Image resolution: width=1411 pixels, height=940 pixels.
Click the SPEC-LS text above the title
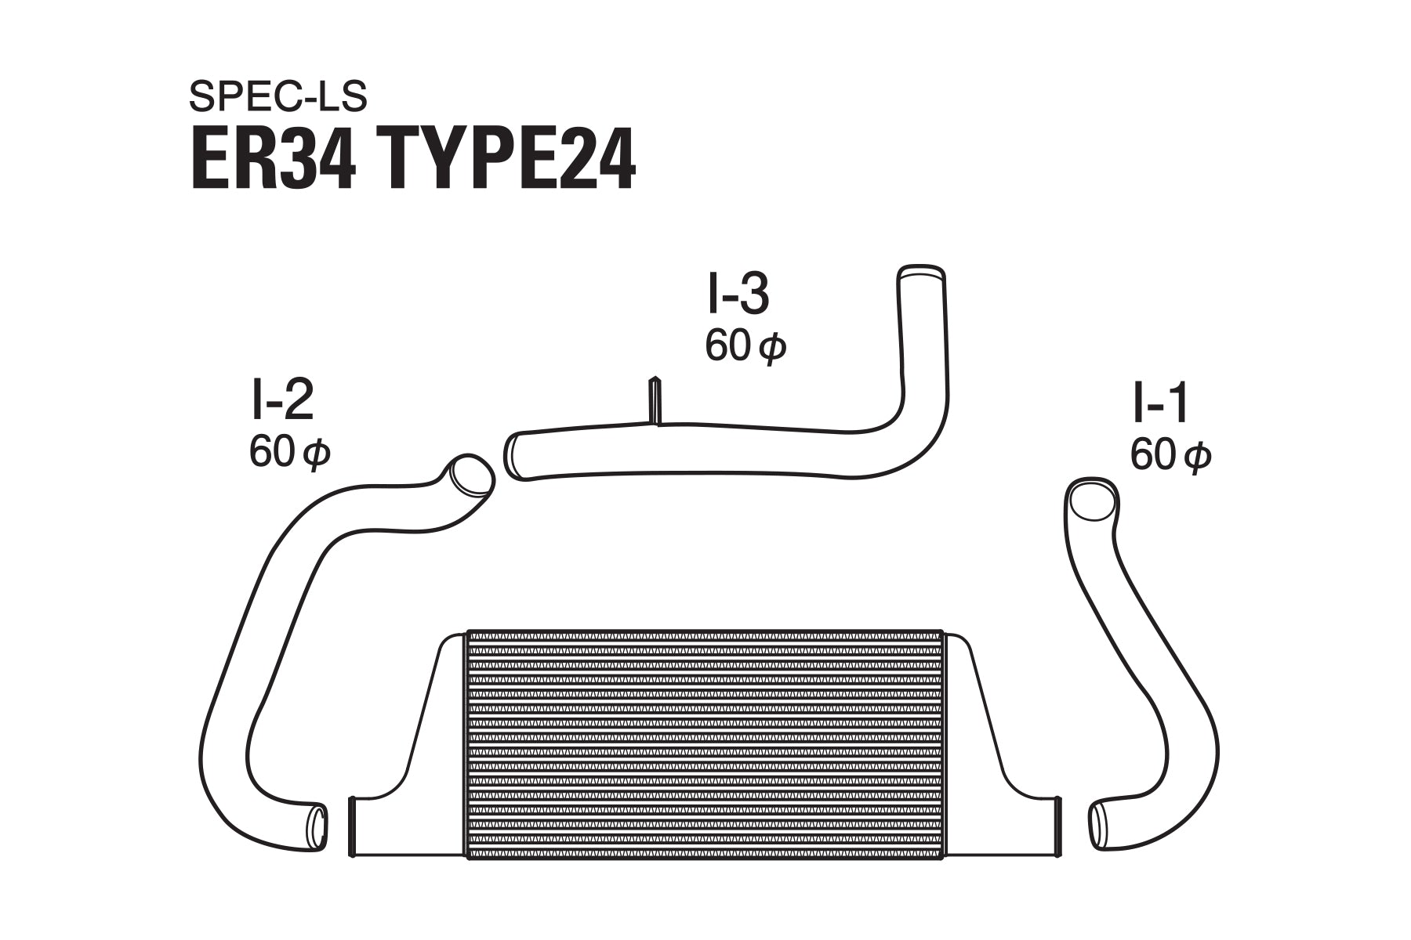(x=277, y=96)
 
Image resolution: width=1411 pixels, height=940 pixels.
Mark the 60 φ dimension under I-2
(x=289, y=452)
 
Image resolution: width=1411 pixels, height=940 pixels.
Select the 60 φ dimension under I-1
(x=1170, y=455)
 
